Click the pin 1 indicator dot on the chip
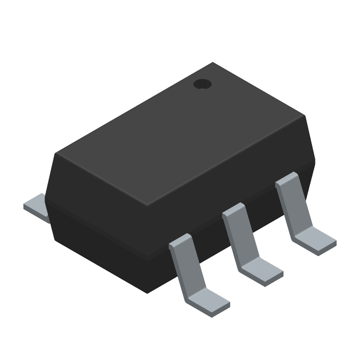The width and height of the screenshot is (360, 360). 202,84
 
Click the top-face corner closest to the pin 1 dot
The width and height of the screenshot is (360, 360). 212,63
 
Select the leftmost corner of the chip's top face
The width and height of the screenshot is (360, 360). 56,153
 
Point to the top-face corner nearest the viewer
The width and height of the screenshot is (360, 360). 148,205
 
